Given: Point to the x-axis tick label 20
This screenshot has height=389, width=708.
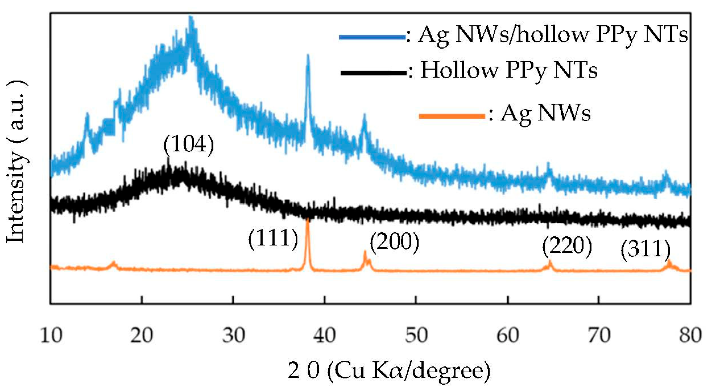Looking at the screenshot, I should (142, 335).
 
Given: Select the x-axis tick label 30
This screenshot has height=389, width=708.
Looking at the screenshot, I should (234, 335).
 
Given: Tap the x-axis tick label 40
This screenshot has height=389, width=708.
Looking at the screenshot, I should (324, 335).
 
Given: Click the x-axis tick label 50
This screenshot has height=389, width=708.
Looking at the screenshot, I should (416, 335).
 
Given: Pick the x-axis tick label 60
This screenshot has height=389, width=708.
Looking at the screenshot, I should (508, 335).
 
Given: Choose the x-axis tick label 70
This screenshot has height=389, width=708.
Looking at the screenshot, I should (599, 335).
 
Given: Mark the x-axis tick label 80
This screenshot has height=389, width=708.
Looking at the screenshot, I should (690, 335).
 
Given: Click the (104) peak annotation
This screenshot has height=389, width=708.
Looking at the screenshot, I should (189, 145).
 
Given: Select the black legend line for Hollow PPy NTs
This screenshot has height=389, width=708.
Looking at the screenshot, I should (374, 73).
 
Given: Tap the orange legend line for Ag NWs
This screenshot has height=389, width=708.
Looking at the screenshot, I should (452, 116).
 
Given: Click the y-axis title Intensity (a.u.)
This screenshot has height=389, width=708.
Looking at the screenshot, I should (17, 161).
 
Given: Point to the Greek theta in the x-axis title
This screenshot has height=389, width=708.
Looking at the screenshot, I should (313, 370).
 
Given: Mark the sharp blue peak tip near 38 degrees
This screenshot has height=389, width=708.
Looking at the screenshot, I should (308, 56).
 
